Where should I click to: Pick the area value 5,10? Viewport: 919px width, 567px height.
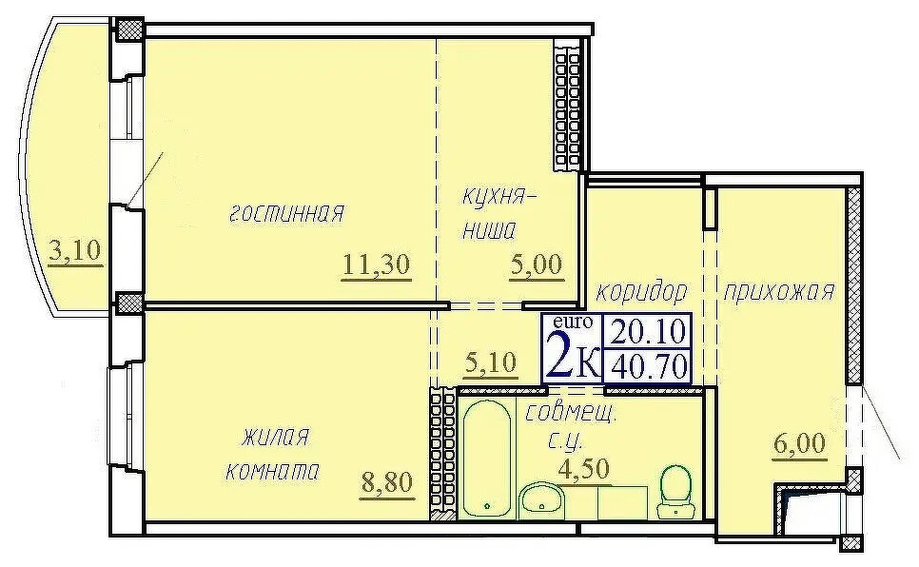[x=490, y=362]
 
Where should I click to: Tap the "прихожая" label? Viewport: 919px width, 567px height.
[x=778, y=291]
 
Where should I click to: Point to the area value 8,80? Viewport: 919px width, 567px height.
[x=386, y=482]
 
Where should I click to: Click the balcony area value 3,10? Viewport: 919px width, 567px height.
[x=75, y=251]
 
